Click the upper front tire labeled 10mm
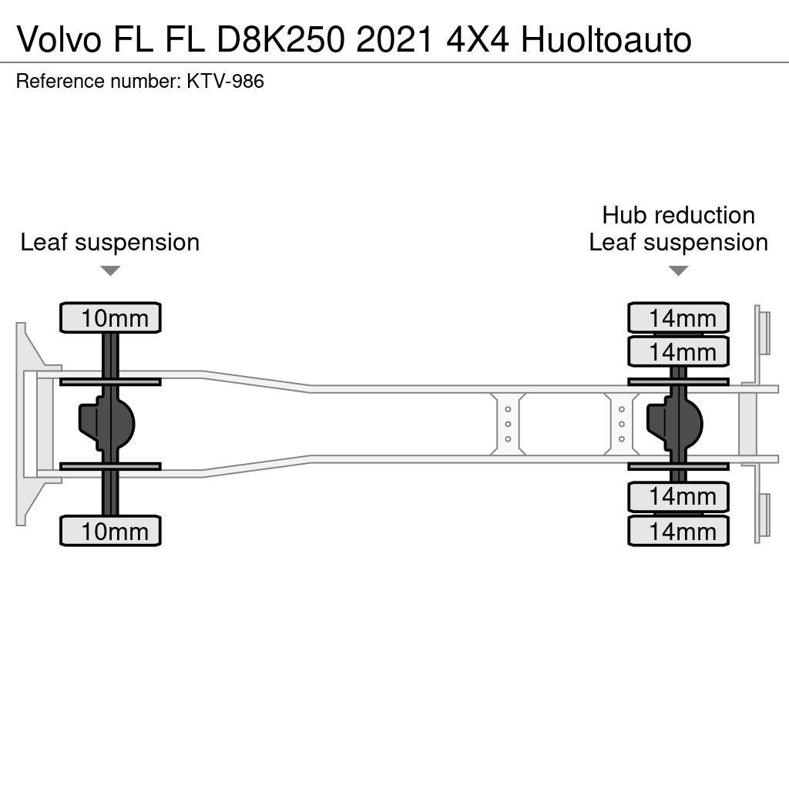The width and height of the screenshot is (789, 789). point(110,317)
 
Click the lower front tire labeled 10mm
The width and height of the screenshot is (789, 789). point(110,531)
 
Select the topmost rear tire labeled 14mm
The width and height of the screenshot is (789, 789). point(678,317)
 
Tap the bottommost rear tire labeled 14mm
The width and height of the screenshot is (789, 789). point(678,531)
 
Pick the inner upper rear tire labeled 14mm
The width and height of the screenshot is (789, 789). point(678,352)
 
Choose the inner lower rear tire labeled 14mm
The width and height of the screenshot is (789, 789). point(678,496)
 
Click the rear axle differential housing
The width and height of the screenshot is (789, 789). point(675,423)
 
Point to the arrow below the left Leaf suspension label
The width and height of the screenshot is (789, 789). point(110,270)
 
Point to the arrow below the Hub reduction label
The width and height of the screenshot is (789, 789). point(678,270)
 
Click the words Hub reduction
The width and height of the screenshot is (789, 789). point(678,215)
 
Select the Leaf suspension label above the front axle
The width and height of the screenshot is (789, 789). point(110,242)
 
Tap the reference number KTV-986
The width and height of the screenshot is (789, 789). point(225,81)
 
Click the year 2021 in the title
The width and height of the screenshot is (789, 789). point(394,40)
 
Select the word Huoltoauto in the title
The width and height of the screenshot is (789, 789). point(606,40)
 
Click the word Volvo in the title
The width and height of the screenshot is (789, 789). point(58,40)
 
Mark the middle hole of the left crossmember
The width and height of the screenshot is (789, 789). point(508,424)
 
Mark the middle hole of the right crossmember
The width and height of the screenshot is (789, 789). point(621,424)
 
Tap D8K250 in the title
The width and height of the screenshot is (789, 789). point(281,40)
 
